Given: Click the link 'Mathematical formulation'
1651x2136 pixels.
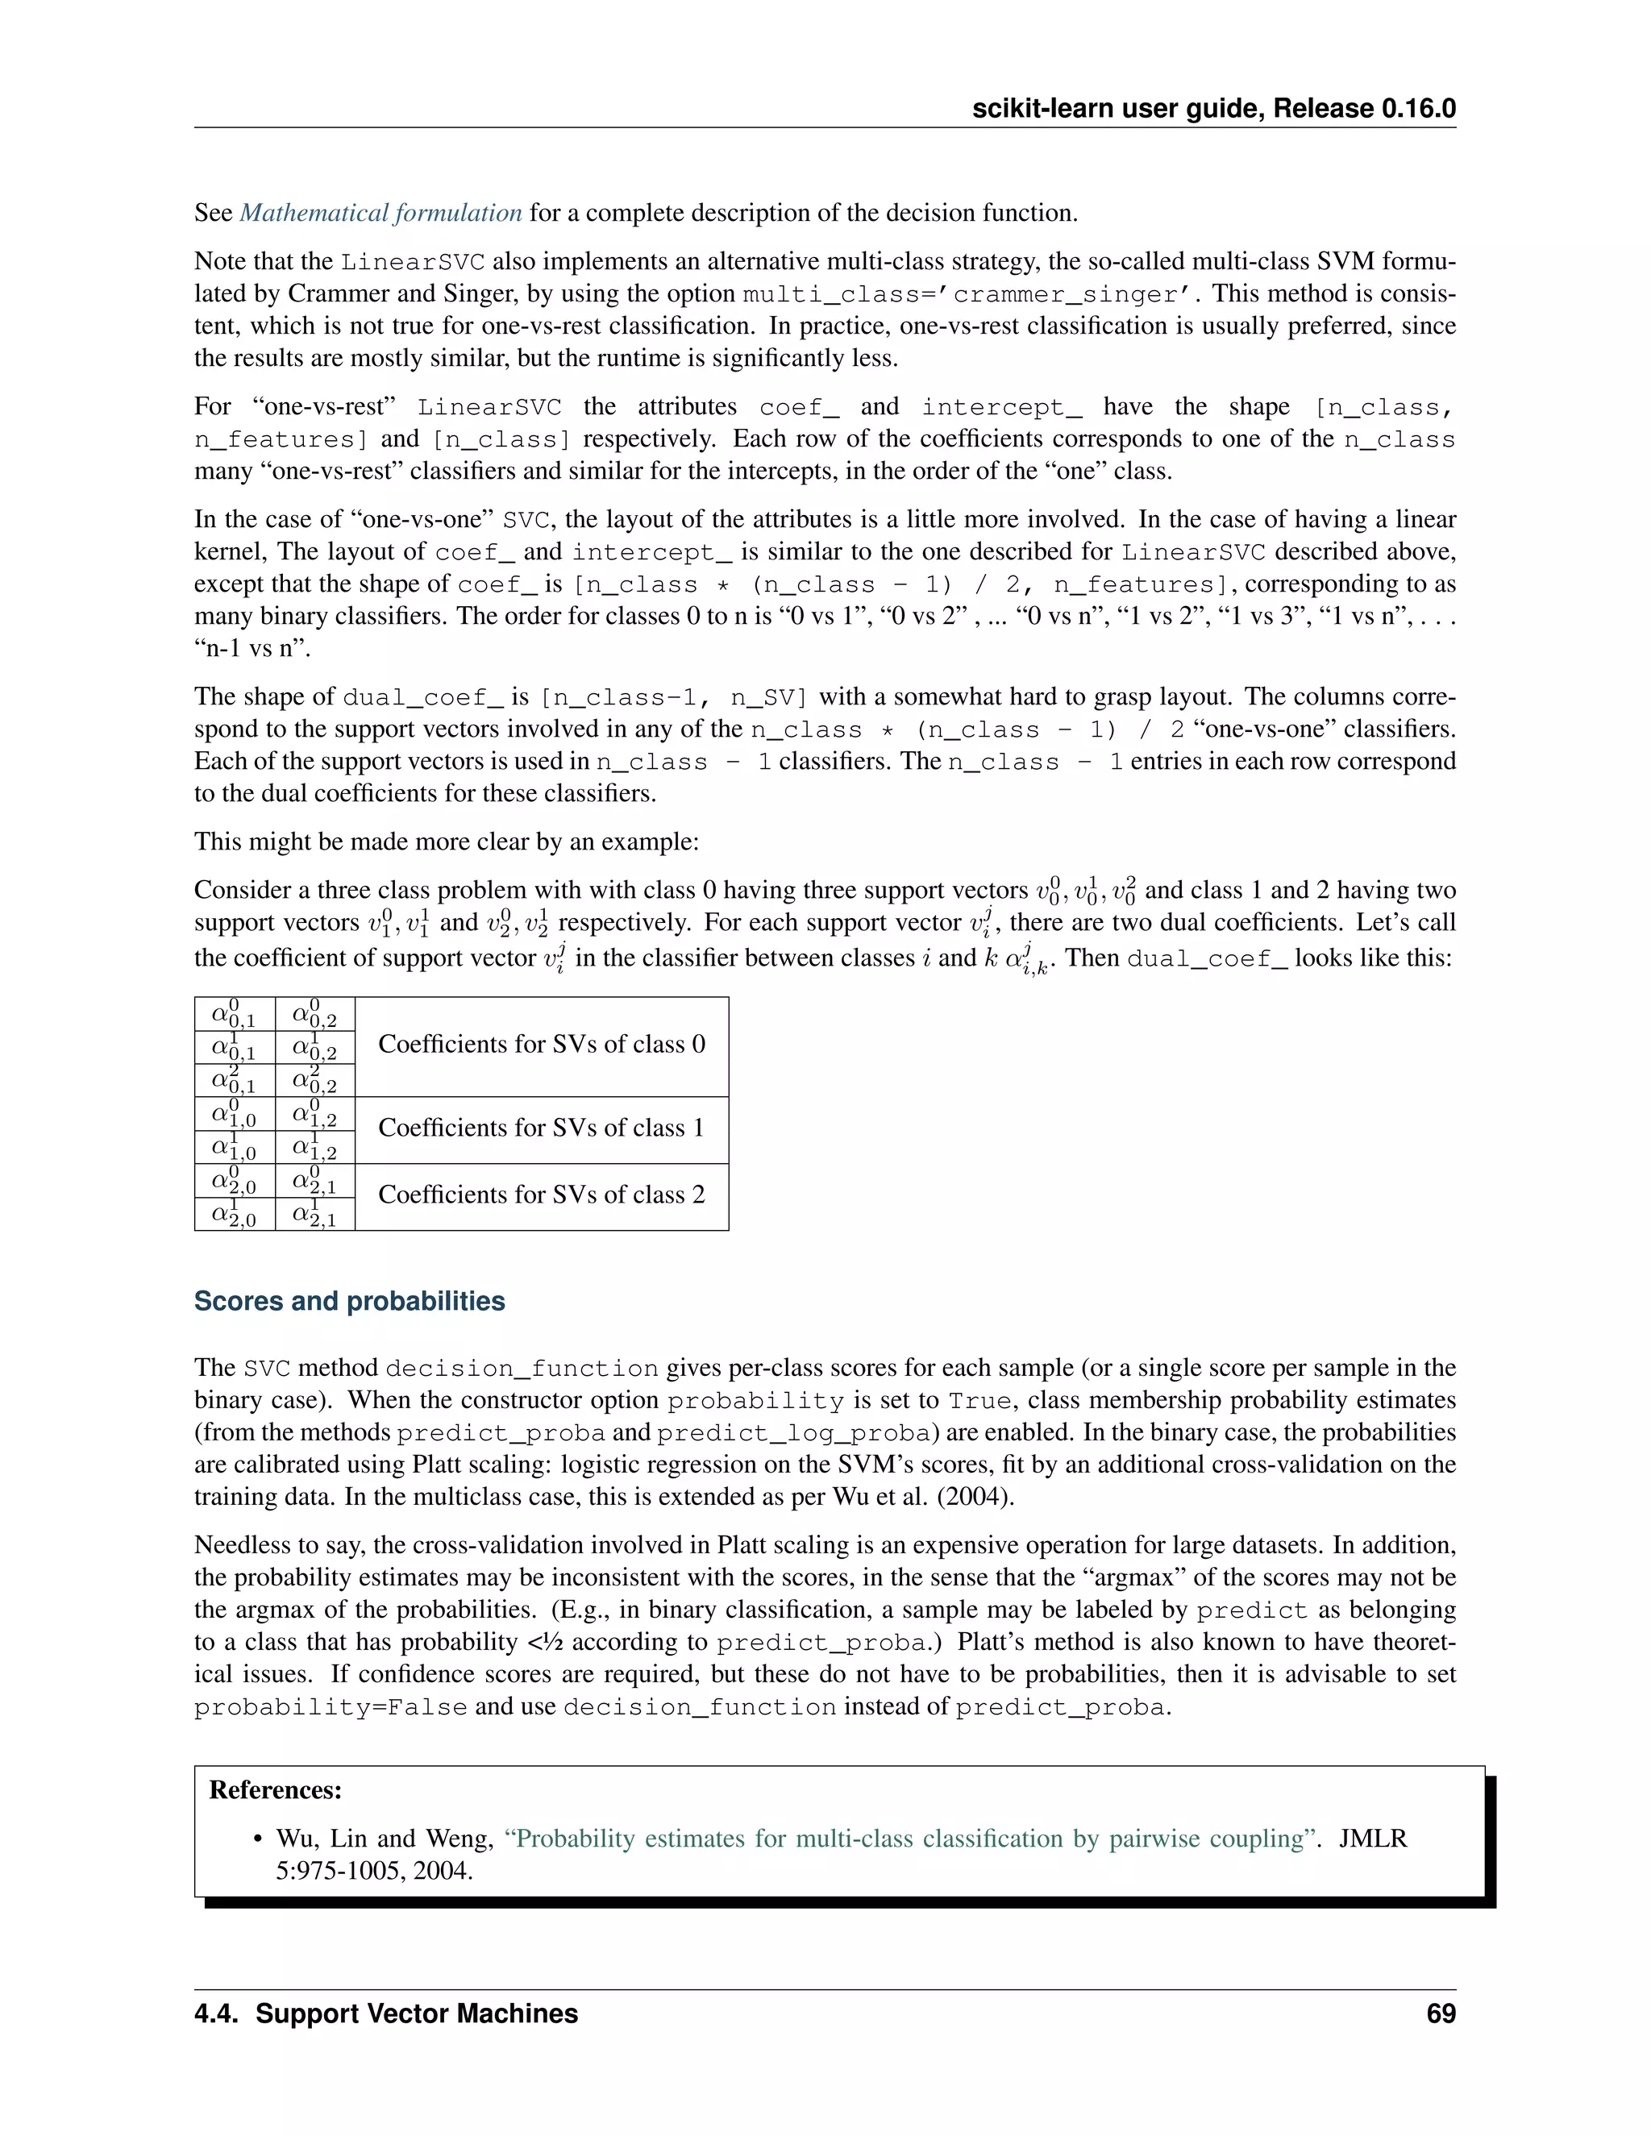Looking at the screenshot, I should (x=381, y=214).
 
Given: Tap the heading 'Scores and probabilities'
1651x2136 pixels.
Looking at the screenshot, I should (x=349, y=1301).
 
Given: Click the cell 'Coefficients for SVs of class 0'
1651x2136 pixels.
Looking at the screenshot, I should (x=541, y=1045).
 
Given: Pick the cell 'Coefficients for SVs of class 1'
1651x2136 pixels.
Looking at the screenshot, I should (x=541, y=1128).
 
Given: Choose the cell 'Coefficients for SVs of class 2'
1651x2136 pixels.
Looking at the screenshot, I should (x=541, y=1195).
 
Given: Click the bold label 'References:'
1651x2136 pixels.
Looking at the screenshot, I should (x=275, y=1789).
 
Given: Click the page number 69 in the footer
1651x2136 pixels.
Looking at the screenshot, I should (x=1441, y=2013).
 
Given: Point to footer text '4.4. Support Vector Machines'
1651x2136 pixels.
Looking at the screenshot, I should (x=386, y=2013).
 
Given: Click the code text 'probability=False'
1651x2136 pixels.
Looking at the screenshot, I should (x=330, y=1709).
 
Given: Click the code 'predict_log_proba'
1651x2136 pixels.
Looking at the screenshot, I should (x=793, y=1434).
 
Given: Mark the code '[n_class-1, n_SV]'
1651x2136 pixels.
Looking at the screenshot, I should (x=674, y=697).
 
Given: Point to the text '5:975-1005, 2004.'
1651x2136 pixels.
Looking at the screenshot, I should (x=375, y=1871).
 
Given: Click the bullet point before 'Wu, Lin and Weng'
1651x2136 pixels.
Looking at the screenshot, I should (x=258, y=1839).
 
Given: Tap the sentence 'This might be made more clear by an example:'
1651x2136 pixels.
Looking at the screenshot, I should (x=446, y=842).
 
